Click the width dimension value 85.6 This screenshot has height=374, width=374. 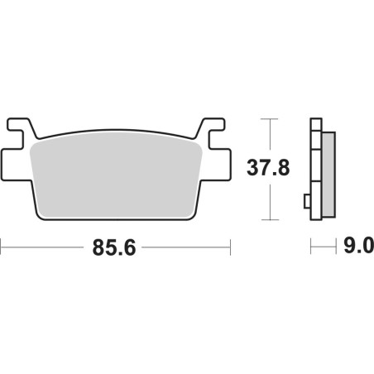pos(115,247)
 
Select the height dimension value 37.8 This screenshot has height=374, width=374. pos(269,170)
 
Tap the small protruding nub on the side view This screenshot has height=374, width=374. pos(307,201)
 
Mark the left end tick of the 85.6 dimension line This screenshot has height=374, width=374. pos(2,247)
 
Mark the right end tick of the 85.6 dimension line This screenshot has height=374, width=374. pos(229,247)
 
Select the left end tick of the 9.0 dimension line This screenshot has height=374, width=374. pos(310,247)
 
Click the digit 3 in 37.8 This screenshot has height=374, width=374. pos(255,170)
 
